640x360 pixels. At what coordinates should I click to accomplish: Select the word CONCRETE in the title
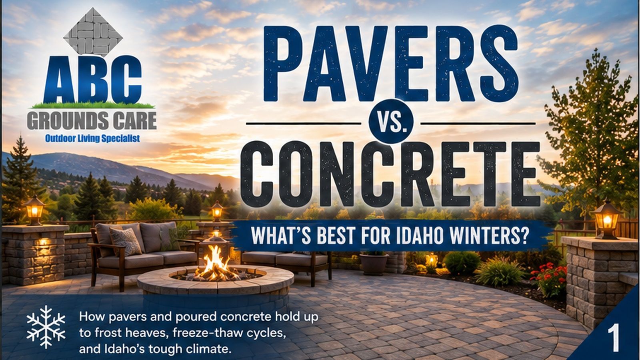(x=390, y=174)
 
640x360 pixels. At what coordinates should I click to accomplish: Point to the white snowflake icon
(x=46, y=327)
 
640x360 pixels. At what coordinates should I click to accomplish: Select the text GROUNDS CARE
(x=92, y=120)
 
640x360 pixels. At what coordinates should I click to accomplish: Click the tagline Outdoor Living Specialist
(x=92, y=138)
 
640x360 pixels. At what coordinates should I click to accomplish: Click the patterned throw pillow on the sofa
(x=125, y=242)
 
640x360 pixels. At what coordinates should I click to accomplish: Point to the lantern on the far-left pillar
(x=34, y=210)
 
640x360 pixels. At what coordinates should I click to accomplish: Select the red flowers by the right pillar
(x=548, y=275)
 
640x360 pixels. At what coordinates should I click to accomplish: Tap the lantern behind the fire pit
(x=217, y=211)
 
